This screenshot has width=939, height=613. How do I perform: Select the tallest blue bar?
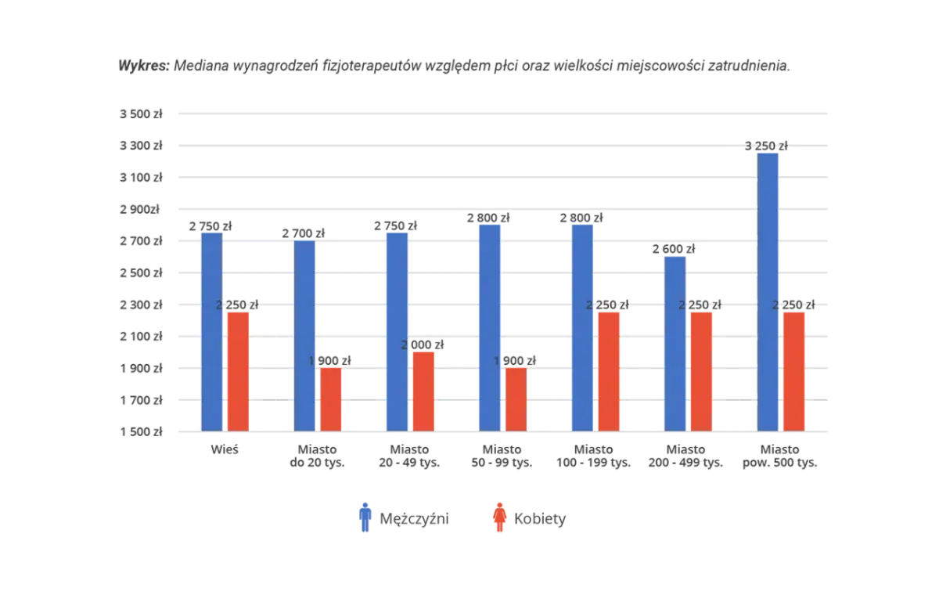[x=768, y=290]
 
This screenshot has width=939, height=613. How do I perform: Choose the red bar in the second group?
[x=331, y=398]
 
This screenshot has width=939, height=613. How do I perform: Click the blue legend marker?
[x=365, y=519]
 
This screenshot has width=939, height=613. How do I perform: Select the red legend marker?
[x=500, y=519]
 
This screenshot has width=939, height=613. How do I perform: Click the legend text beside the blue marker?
[x=428, y=519]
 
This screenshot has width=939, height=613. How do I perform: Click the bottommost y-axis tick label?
[x=144, y=431]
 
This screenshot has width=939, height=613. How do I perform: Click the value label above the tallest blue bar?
[x=767, y=144]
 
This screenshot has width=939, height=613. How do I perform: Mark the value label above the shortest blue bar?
[x=675, y=249]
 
